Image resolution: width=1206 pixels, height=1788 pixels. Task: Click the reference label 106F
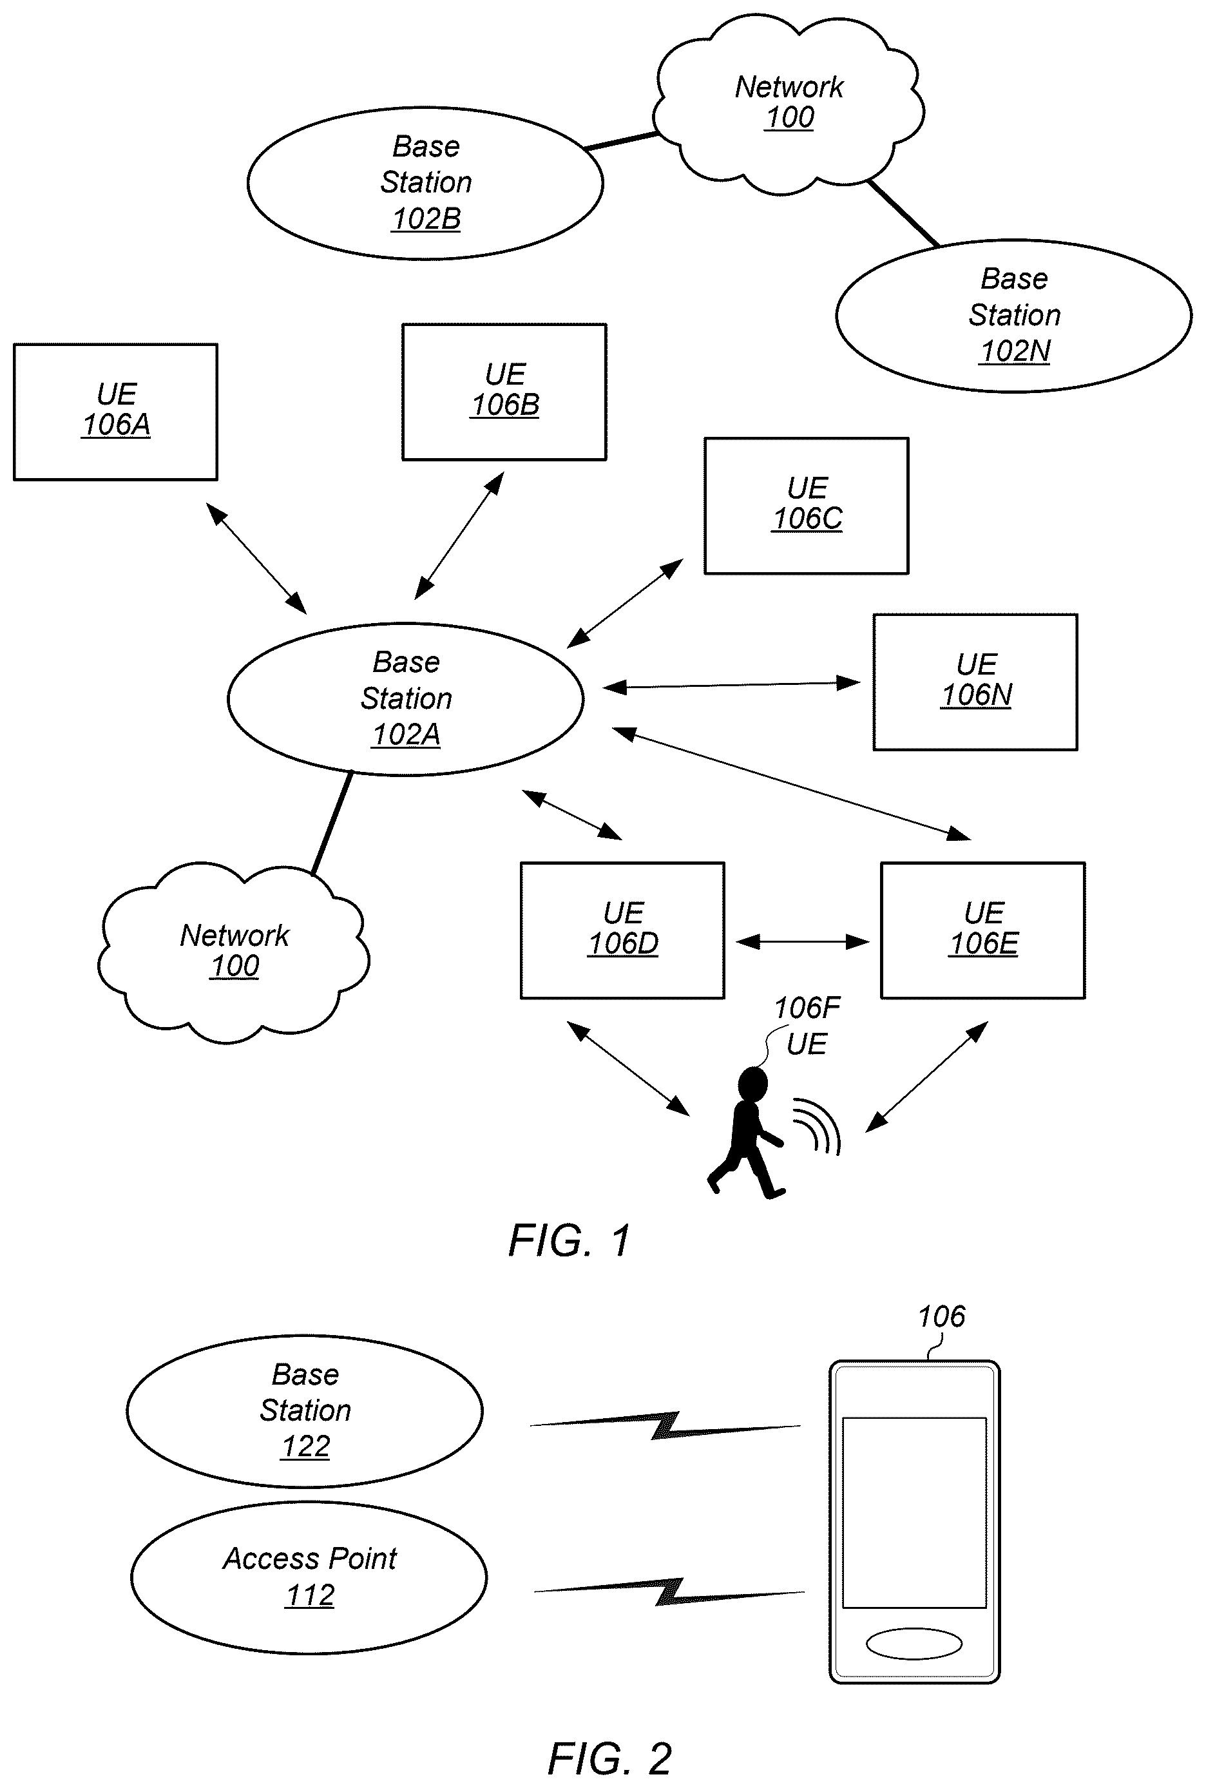807,1008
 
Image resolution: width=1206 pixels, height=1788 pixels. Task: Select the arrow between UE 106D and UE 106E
802,941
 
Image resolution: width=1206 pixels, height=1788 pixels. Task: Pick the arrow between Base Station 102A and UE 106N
731,684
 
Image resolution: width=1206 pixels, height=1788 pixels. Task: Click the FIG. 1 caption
570,1240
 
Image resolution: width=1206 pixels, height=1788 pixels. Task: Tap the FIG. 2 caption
610,1759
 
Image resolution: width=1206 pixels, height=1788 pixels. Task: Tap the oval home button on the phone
914,1644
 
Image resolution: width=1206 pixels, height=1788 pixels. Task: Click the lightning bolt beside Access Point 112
669,1592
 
